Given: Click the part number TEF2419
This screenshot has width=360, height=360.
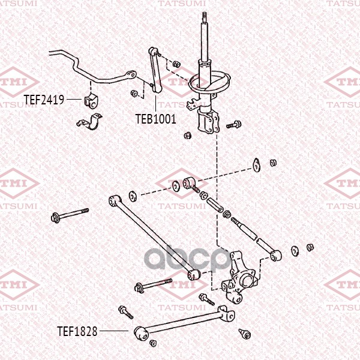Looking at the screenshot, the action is (44, 100).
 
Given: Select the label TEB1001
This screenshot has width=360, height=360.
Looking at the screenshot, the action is (156, 119).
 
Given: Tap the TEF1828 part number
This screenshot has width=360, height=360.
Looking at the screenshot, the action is (77, 331).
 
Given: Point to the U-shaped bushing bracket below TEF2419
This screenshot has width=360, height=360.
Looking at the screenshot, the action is (89, 122).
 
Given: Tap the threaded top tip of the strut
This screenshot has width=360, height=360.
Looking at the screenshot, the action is (204, 17).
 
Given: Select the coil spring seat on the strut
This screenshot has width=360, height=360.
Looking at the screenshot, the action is (209, 82).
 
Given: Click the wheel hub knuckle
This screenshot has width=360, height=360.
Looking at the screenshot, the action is (239, 278).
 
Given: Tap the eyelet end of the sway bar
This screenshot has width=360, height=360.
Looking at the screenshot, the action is (130, 74).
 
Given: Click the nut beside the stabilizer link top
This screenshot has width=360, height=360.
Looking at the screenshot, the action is (176, 64).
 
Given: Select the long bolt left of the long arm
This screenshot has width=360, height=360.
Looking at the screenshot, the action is (70, 214).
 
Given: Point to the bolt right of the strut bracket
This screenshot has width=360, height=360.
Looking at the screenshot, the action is (234, 125).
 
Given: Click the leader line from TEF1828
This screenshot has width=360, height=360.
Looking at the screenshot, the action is (114, 331).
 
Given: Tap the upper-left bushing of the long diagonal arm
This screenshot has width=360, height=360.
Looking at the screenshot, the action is (115, 200).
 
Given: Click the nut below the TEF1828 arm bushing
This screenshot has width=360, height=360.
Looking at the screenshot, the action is (153, 343).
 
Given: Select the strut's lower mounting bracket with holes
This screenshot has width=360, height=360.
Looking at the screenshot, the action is (208, 122).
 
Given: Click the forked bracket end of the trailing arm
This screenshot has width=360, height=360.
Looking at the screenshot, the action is (226, 313).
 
